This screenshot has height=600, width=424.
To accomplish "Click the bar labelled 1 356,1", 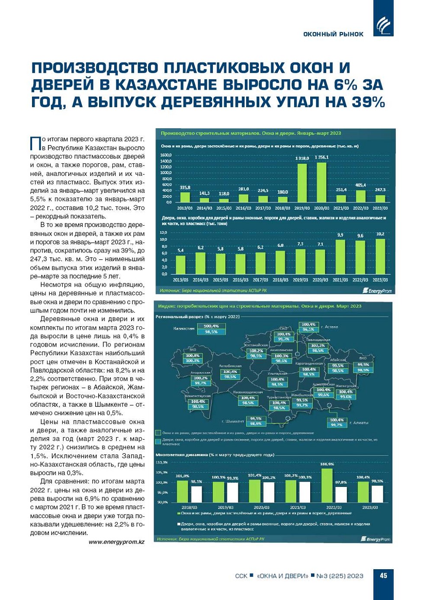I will pos(321,182).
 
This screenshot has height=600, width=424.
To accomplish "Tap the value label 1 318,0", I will pos(302,158).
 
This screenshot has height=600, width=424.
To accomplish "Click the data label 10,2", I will pos(380,234).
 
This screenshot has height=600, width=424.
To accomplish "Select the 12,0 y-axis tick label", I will pos(164,233).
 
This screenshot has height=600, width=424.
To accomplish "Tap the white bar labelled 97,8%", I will pos(341,494).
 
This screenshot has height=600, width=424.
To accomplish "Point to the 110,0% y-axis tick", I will pos(161,462).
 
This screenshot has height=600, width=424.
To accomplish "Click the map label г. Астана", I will pos(329,327).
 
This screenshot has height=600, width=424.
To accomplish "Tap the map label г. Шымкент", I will pos(233,421).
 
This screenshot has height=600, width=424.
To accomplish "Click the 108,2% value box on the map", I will pos(256,351).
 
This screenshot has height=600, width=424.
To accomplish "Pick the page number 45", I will pos(383,576).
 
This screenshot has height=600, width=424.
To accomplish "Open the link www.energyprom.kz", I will pos(116,542).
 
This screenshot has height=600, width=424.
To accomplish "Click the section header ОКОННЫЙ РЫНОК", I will pos(333,34).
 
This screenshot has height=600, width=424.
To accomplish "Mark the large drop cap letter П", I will pos(35,143).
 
